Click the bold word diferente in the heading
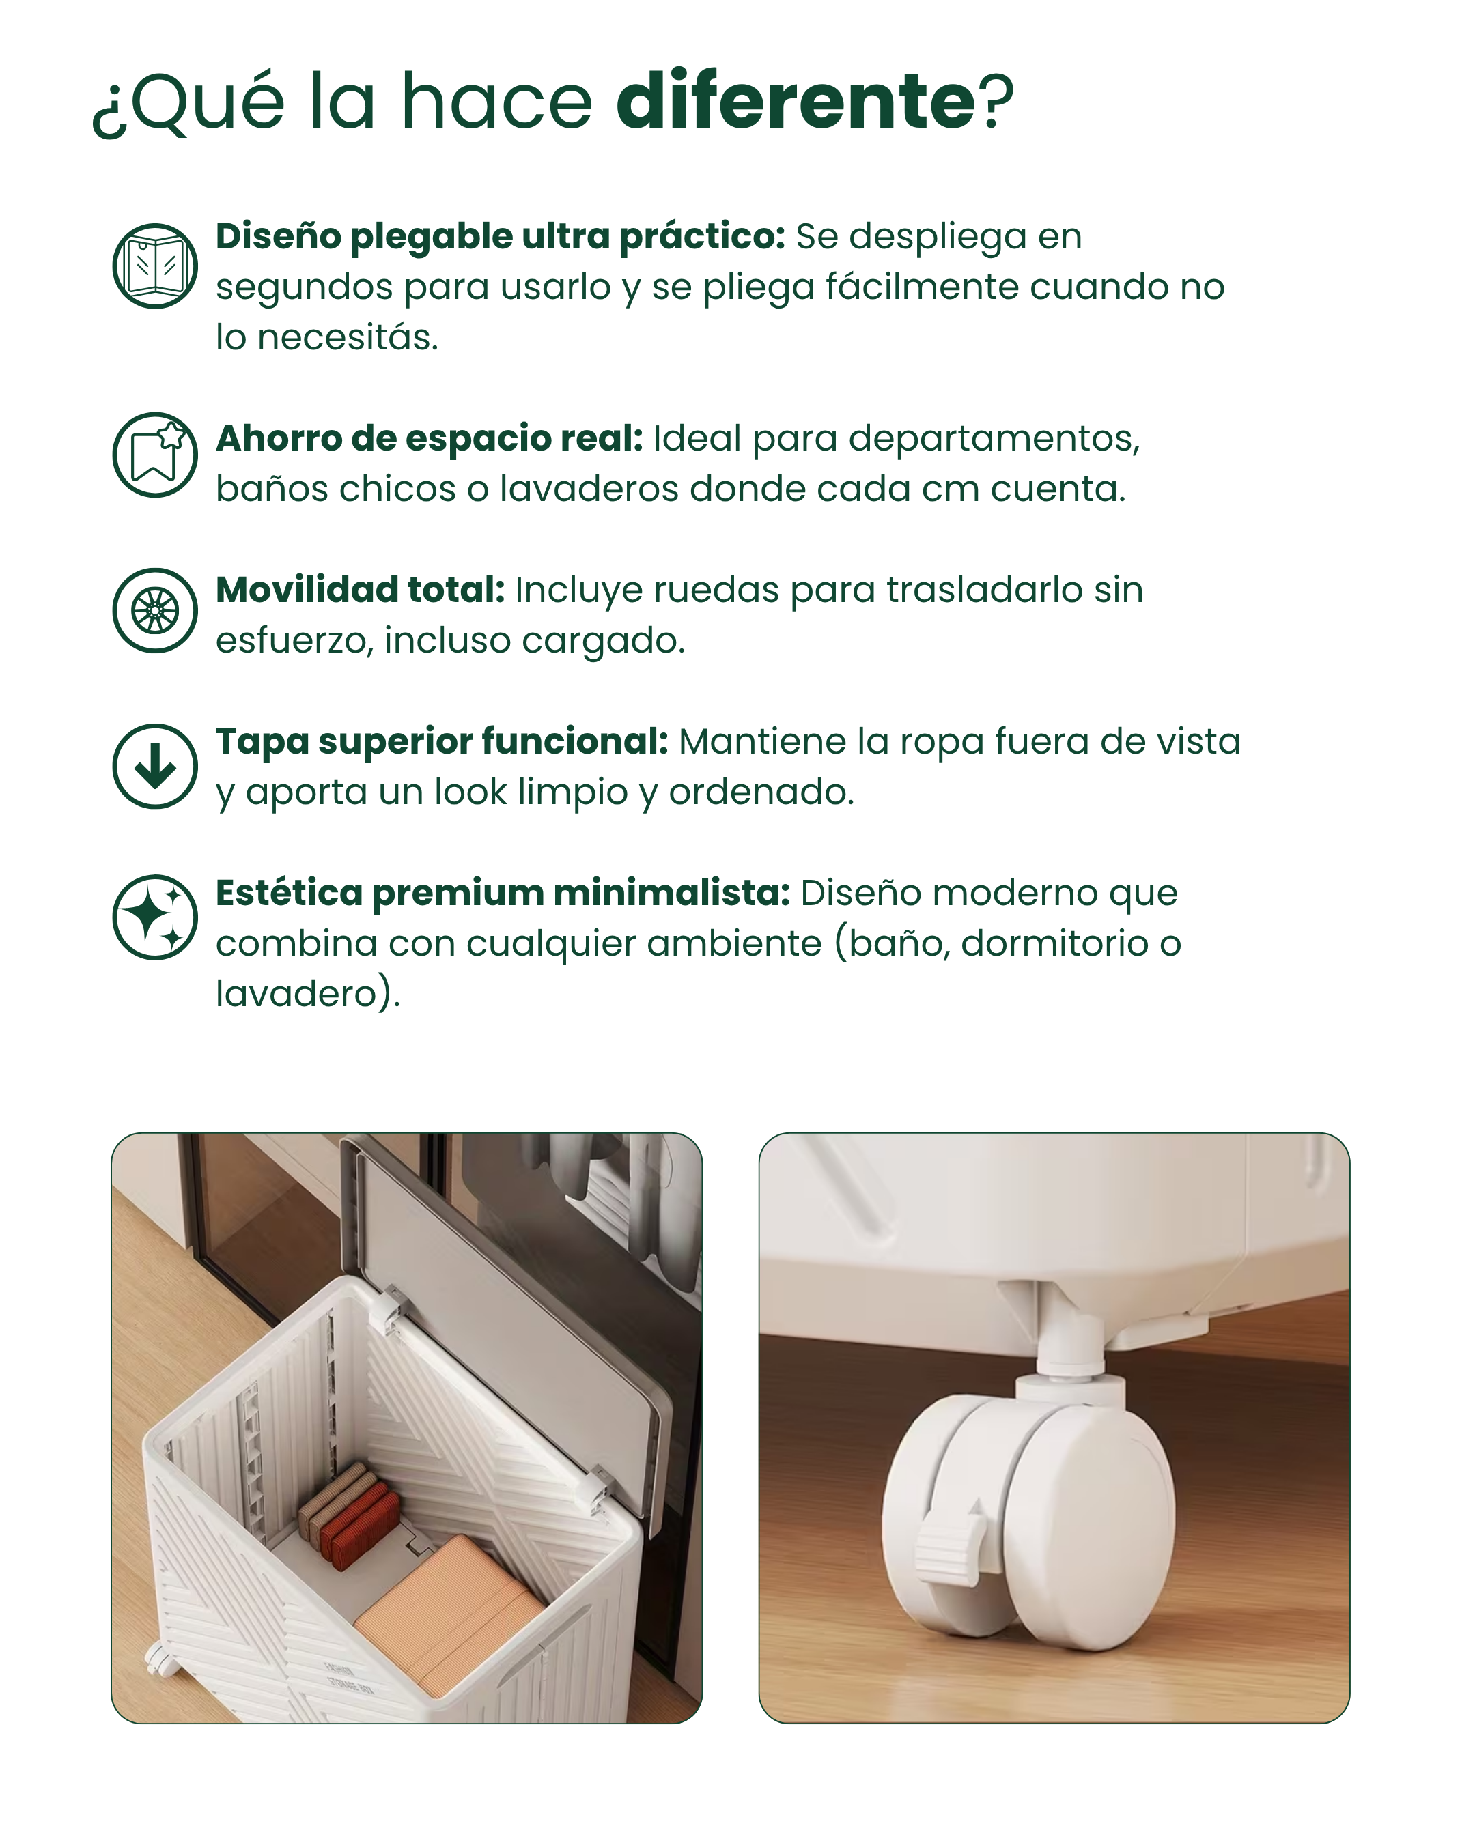[796, 100]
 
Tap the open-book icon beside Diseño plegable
[155, 266]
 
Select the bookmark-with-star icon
[155, 455]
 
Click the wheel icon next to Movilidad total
[155, 610]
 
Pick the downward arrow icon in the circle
[155, 766]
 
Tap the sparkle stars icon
[155, 917]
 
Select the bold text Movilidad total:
[360, 589]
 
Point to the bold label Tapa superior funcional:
[441, 741]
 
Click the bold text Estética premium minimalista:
[503, 892]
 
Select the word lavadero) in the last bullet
[307, 993]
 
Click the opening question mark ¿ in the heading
[108, 115]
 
